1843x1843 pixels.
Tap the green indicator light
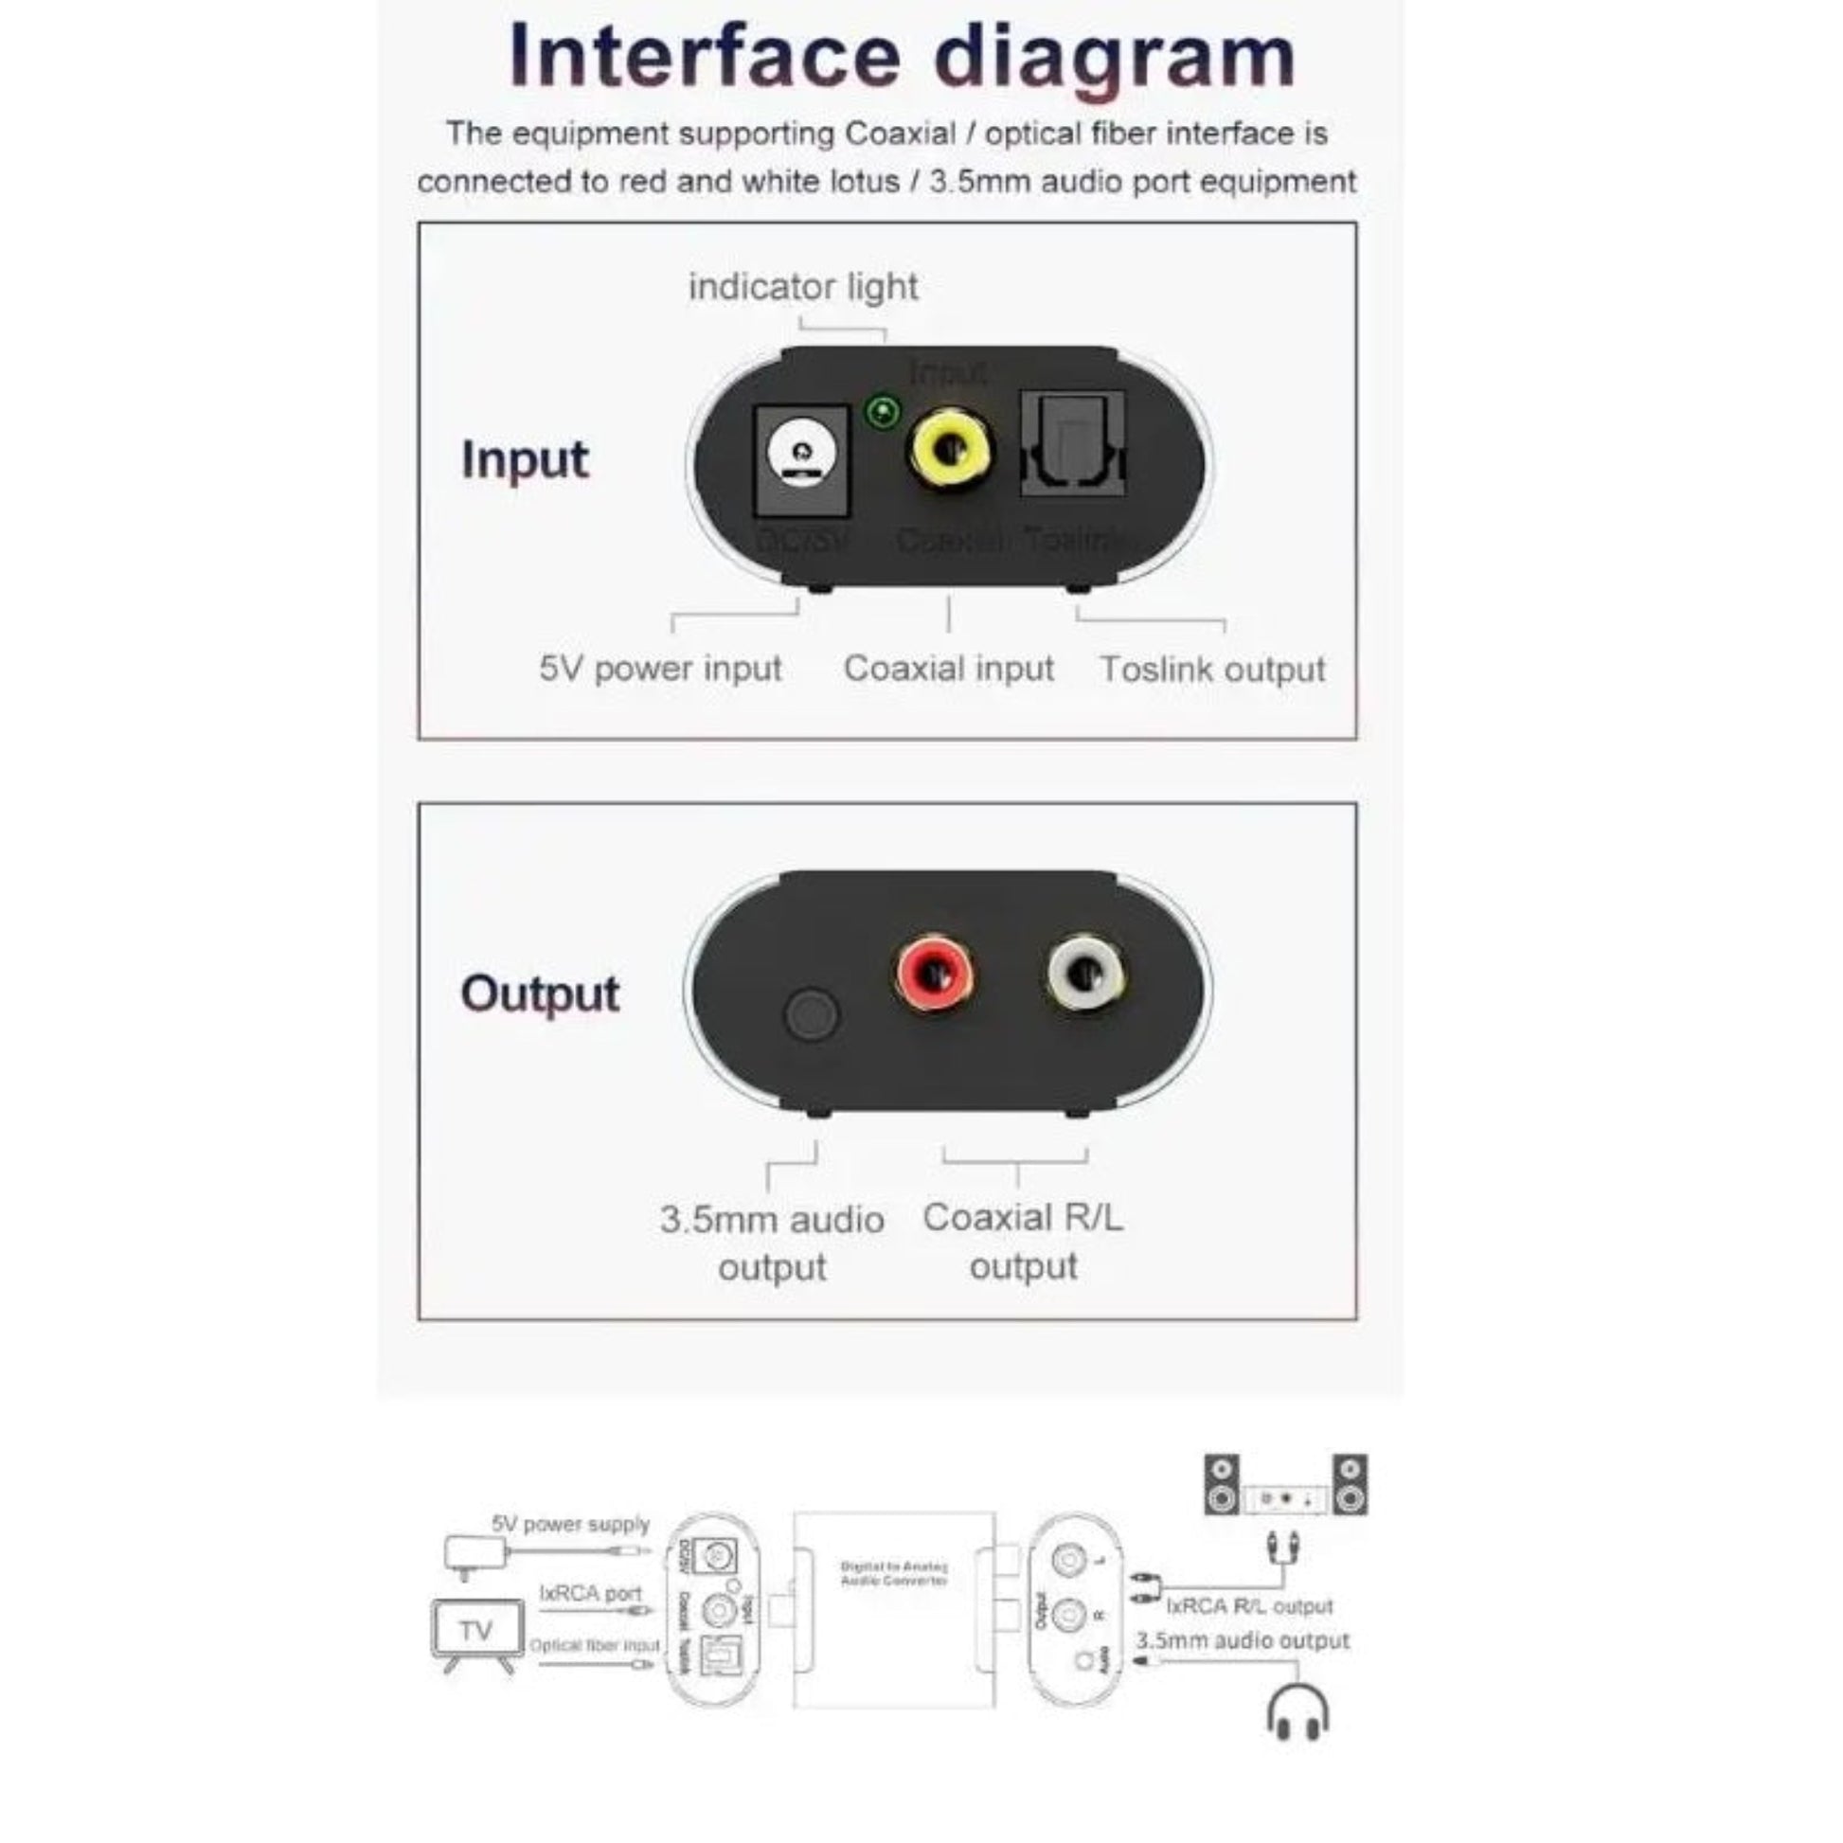(x=883, y=413)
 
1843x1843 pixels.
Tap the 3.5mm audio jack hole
(x=811, y=1013)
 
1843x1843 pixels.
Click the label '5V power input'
(x=660, y=669)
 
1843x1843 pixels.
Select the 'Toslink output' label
(x=1211, y=670)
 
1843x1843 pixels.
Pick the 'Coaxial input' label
(x=948, y=669)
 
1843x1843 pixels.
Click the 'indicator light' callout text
(x=803, y=287)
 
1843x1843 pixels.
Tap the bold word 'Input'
(x=525, y=459)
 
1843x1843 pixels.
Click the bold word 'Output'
(x=540, y=994)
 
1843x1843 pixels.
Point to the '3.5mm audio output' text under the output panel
(x=772, y=1243)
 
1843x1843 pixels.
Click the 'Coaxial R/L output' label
(x=1023, y=1241)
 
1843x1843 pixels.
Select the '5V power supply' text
(x=570, y=1525)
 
